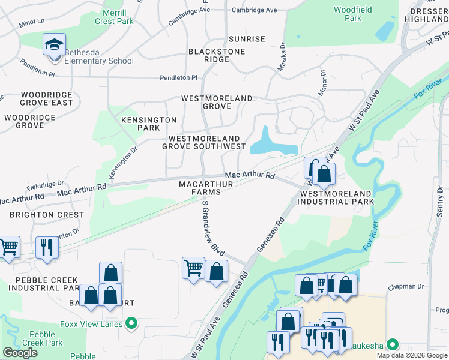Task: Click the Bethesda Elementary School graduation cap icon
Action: coord(54,45)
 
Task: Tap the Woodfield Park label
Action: coord(354,14)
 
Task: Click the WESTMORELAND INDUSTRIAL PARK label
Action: coord(337,197)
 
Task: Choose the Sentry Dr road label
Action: coord(441,201)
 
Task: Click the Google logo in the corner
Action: coord(20,353)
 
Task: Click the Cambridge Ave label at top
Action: coord(255,10)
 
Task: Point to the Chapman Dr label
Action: coord(406,287)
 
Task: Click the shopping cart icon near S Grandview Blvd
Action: coord(193,268)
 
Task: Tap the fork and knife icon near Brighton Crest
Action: coord(46,247)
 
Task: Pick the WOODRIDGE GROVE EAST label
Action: coord(47,98)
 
